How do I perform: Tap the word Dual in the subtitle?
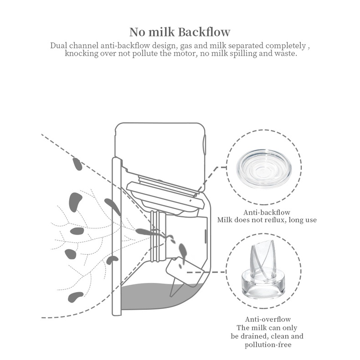[x=59, y=46]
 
